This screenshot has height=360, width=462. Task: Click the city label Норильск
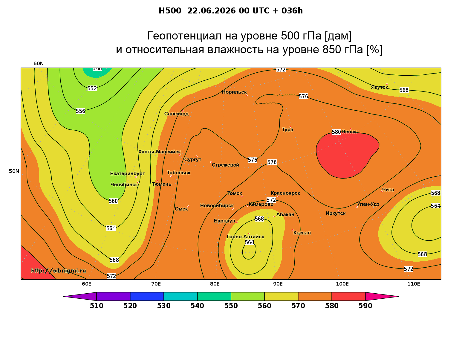pyautogui.click(x=234, y=92)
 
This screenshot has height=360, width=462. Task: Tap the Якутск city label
pyautogui.click(x=380, y=87)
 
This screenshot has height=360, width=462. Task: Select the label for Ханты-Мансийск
pyautogui.click(x=160, y=152)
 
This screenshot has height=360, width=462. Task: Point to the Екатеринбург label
pyautogui.click(x=127, y=174)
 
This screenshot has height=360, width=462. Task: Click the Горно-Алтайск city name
pyautogui.click(x=245, y=237)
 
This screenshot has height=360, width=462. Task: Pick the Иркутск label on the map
pyautogui.click(x=336, y=213)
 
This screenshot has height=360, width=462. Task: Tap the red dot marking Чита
pyautogui.click(x=382, y=191)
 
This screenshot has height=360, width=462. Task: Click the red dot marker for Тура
pyautogui.click(x=290, y=127)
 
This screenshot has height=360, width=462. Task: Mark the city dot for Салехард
pyautogui.click(x=182, y=111)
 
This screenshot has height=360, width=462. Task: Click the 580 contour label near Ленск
pyautogui.click(x=336, y=132)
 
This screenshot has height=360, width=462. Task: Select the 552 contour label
pyautogui.click(x=92, y=88)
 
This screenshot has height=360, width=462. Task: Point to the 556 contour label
pyautogui.click(x=80, y=111)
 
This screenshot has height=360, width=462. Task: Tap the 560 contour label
pyautogui.click(x=113, y=201)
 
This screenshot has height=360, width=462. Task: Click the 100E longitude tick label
pyautogui.click(x=342, y=284)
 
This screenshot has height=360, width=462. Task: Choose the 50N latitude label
pyautogui.click(x=14, y=171)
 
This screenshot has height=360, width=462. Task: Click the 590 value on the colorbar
pyautogui.click(x=365, y=306)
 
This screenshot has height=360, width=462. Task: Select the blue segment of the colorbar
pyautogui.click(x=147, y=296)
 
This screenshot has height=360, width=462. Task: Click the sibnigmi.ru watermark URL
pyautogui.click(x=59, y=271)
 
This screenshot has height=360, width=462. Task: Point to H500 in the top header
pyautogui.click(x=170, y=11)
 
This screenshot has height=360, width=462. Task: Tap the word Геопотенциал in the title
pyautogui.click(x=184, y=36)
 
